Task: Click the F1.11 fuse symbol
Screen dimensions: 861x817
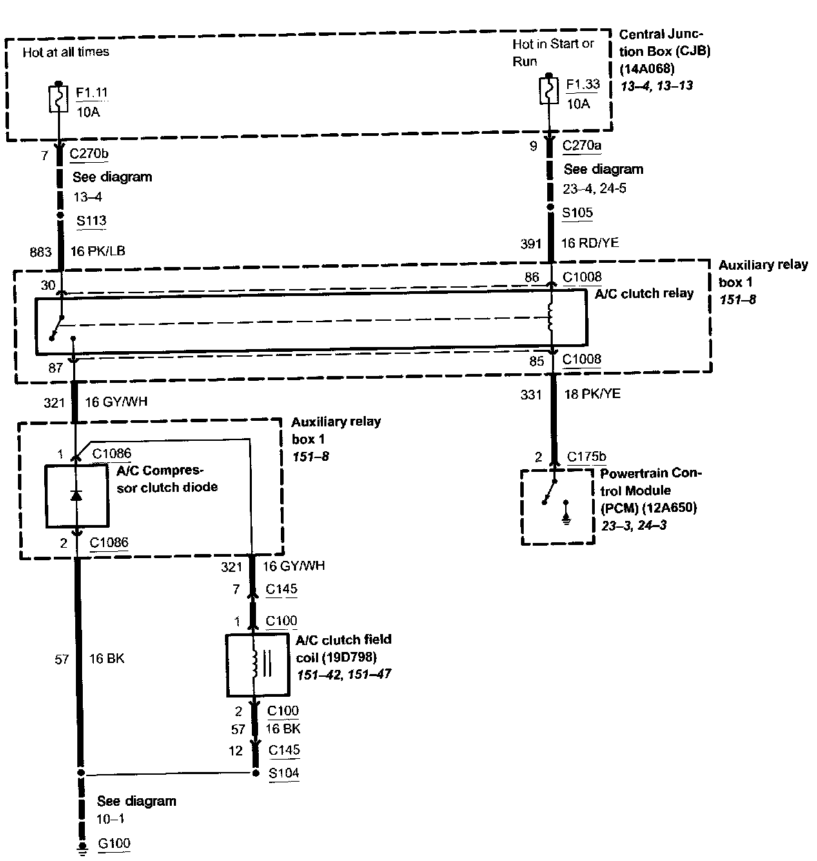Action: [59, 99]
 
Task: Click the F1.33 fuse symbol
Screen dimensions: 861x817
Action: [549, 90]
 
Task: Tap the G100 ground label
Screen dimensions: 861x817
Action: [114, 843]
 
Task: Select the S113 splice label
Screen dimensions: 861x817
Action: [92, 221]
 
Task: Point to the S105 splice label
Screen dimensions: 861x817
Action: [578, 213]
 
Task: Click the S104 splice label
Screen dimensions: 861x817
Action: [284, 773]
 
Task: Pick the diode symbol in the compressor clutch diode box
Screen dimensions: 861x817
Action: [77, 495]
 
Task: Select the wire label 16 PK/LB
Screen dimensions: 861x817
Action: [98, 252]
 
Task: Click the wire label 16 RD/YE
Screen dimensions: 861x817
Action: [589, 243]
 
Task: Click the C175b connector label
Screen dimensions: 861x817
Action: [587, 457]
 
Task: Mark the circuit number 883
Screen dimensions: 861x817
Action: [41, 252]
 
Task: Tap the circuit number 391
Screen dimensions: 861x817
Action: [531, 243]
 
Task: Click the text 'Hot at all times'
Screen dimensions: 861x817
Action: [66, 52]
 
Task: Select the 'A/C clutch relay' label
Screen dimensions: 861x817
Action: [644, 293]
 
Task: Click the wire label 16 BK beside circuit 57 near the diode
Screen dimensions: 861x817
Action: [107, 659]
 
